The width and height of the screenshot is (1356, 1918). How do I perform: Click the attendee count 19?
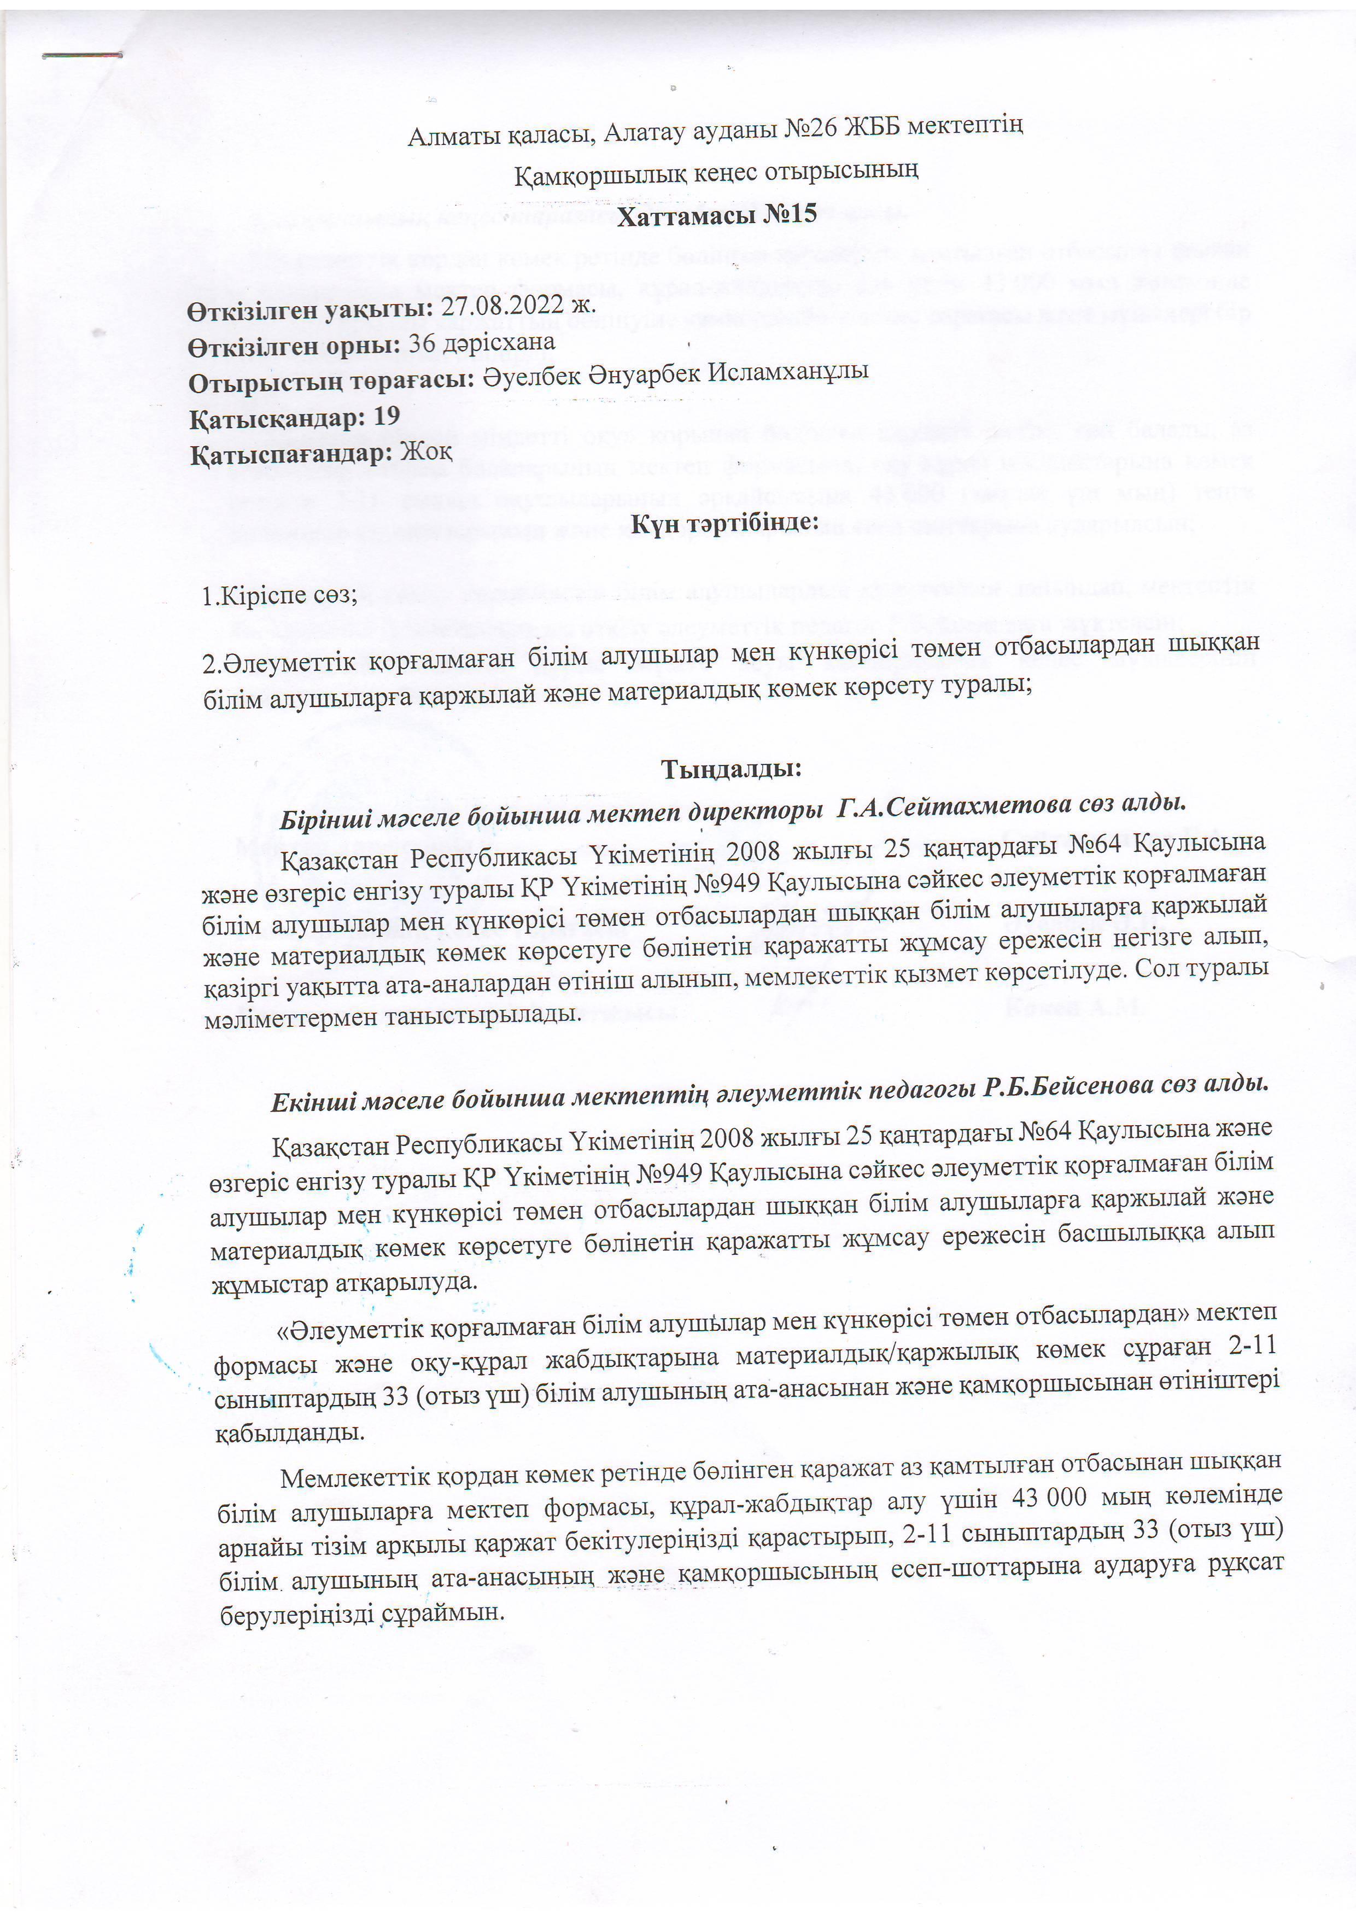point(387,414)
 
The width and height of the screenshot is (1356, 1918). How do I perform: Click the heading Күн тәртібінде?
point(723,523)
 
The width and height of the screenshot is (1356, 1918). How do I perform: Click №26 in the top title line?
point(812,128)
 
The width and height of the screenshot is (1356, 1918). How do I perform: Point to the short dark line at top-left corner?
point(82,55)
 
